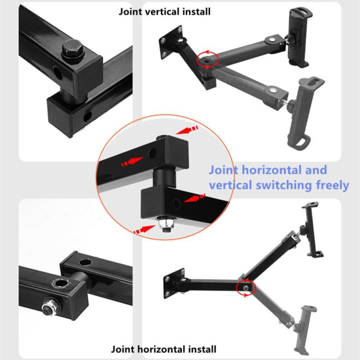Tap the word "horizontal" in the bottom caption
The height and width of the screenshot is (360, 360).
click(161, 349)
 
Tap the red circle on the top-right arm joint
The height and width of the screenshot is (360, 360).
click(207, 60)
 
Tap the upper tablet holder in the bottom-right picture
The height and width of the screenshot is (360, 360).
click(310, 231)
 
